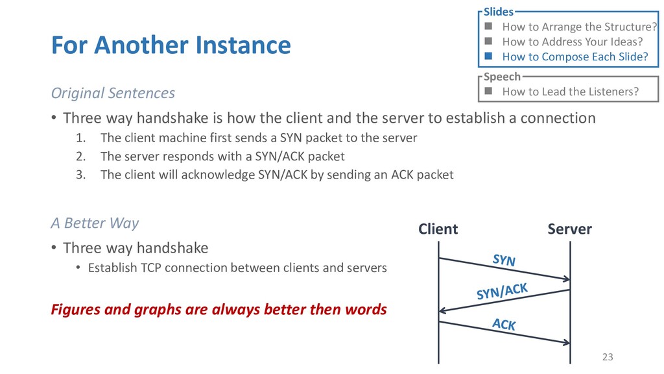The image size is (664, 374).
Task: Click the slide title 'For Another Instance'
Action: [x=171, y=45]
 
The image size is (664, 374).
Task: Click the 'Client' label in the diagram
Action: [x=438, y=229]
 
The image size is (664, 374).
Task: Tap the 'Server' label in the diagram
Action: [x=569, y=229]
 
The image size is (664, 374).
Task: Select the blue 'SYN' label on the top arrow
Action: [x=504, y=260]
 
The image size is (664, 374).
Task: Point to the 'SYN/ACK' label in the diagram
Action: [x=502, y=291]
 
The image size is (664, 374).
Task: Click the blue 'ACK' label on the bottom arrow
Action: [x=504, y=323]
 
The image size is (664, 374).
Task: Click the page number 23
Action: [x=608, y=356]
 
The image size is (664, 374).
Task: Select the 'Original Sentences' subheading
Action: [x=113, y=93]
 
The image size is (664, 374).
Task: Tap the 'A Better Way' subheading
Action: [x=95, y=223]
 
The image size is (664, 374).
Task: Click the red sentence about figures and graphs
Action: [x=219, y=309]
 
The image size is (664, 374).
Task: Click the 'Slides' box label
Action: [x=498, y=12]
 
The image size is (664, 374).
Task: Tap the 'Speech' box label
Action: [x=502, y=77]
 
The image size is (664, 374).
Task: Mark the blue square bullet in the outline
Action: [x=488, y=56]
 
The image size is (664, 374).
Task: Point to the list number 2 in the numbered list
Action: [x=80, y=156]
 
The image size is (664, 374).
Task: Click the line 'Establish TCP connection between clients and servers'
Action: [x=237, y=267]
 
